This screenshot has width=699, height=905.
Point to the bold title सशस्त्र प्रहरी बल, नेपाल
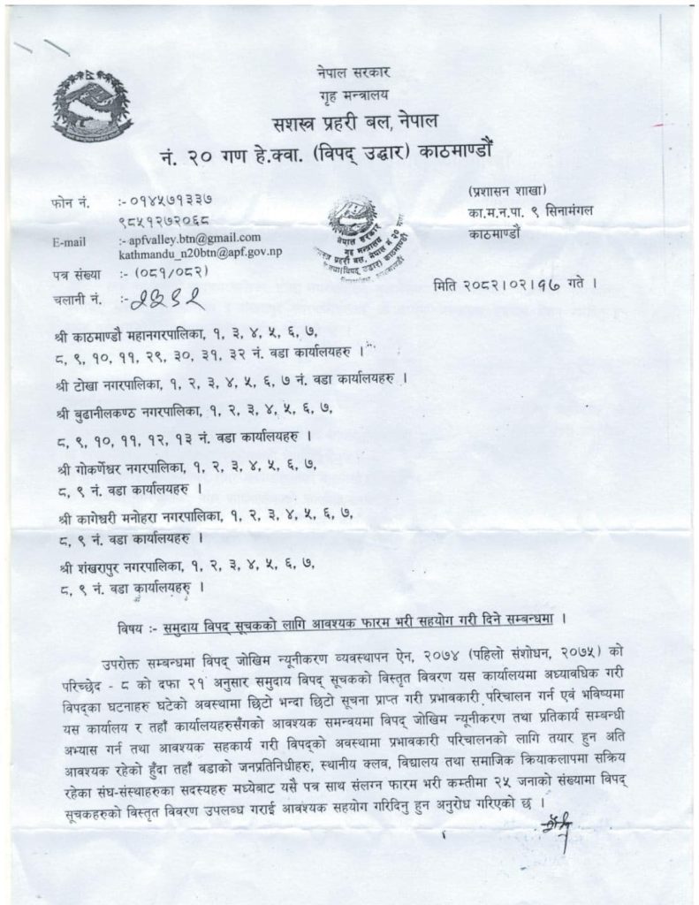pyautogui.click(x=352, y=122)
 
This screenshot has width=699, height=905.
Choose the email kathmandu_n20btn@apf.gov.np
pyautogui.click(x=201, y=252)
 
